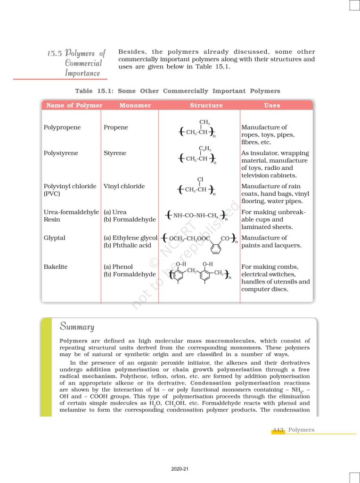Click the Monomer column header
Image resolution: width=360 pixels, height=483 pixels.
(x=135, y=106)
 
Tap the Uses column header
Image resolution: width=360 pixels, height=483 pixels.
(x=272, y=106)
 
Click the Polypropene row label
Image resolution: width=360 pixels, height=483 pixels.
(x=62, y=127)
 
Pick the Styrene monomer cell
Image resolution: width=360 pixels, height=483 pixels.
(x=115, y=153)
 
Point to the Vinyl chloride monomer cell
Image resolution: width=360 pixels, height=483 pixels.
(x=124, y=186)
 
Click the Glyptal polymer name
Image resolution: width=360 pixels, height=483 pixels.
(x=55, y=238)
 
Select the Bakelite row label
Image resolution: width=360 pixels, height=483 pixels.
(x=56, y=267)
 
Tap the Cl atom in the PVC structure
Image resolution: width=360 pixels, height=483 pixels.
(x=201, y=179)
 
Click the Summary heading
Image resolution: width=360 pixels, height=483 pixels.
(x=77, y=326)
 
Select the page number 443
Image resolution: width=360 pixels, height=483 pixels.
(x=278, y=430)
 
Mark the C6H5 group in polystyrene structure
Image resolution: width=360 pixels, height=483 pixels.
(x=204, y=149)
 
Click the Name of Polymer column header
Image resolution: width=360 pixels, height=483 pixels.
(x=74, y=106)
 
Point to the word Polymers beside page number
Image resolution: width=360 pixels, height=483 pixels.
(x=301, y=430)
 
